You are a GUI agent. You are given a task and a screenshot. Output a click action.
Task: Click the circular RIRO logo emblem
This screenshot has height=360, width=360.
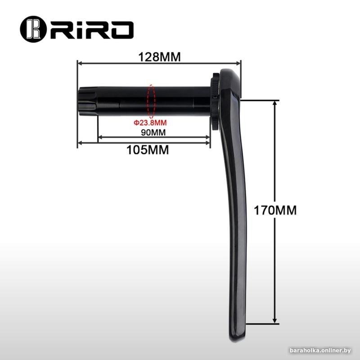[x=33, y=29]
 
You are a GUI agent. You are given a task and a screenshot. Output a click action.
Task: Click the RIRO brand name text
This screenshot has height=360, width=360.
[x=92, y=30]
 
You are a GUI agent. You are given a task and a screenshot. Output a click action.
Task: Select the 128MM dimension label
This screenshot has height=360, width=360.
[x=159, y=57]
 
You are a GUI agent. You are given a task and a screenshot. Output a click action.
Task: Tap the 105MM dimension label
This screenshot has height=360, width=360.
[x=148, y=150]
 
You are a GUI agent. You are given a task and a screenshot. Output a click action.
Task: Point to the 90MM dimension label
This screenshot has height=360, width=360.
[x=153, y=132]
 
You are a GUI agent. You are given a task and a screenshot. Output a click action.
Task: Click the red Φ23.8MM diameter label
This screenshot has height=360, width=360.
[x=150, y=123]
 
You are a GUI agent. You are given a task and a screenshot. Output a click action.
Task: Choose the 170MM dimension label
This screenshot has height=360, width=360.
[x=275, y=210]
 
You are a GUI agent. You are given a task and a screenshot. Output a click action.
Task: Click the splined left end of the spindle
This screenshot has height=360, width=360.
[x=87, y=101]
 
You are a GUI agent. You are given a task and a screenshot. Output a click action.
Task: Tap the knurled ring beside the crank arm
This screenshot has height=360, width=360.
[x=216, y=102]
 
